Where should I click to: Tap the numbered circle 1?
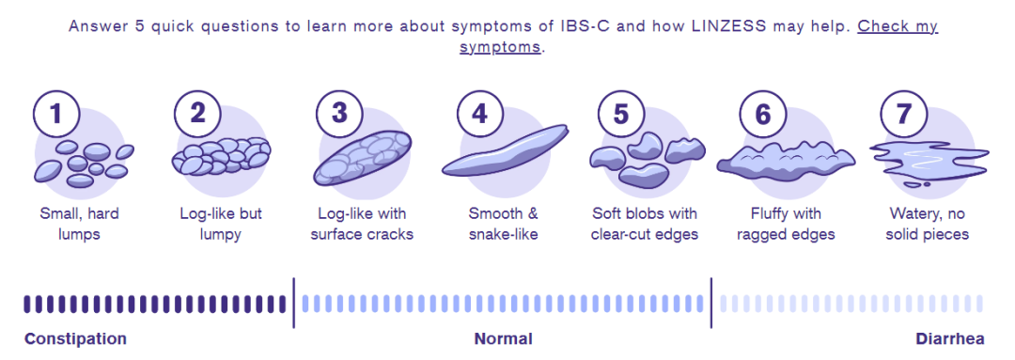pyautogui.click(x=56, y=115)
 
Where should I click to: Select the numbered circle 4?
pyautogui.click(x=479, y=115)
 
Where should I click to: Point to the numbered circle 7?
pyautogui.click(x=903, y=115)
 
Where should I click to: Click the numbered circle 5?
pyautogui.click(x=621, y=115)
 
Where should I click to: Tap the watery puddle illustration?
pyautogui.click(x=929, y=161)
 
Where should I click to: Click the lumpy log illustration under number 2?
pyautogui.click(x=221, y=156)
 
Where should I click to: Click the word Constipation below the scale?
pyautogui.click(x=76, y=338)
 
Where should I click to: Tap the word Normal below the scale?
pyautogui.click(x=504, y=338)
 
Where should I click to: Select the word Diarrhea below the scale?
pyautogui.click(x=950, y=338)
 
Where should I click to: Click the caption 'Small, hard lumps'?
pyautogui.click(x=80, y=224)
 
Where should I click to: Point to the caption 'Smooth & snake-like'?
pyautogui.click(x=504, y=224)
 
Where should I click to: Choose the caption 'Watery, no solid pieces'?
pyautogui.click(x=929, y=224)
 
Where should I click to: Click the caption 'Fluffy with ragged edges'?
pyautogui.click(x=786, y=224)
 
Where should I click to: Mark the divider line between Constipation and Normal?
pyautogui.click(x=293, y=303)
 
